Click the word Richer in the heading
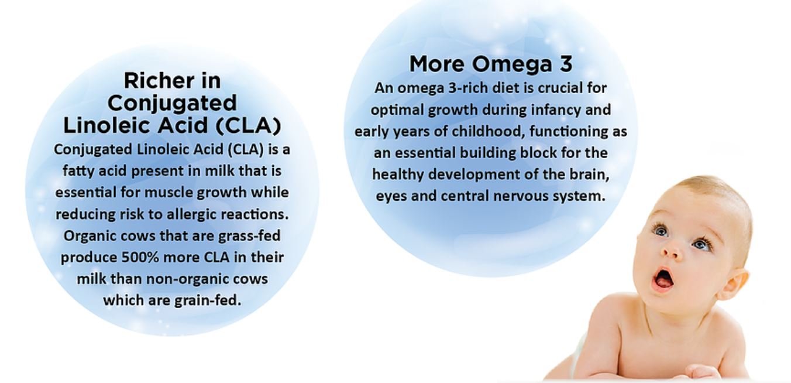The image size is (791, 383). click(x=154, y=81)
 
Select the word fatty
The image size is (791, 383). click(x=77, y=172)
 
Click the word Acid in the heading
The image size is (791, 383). click(x=183, y=125)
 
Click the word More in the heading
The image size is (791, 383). click(x=437, y=64)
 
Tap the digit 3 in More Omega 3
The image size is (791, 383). click(x=566, y=64)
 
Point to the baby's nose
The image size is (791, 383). click(x=671, y=250)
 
